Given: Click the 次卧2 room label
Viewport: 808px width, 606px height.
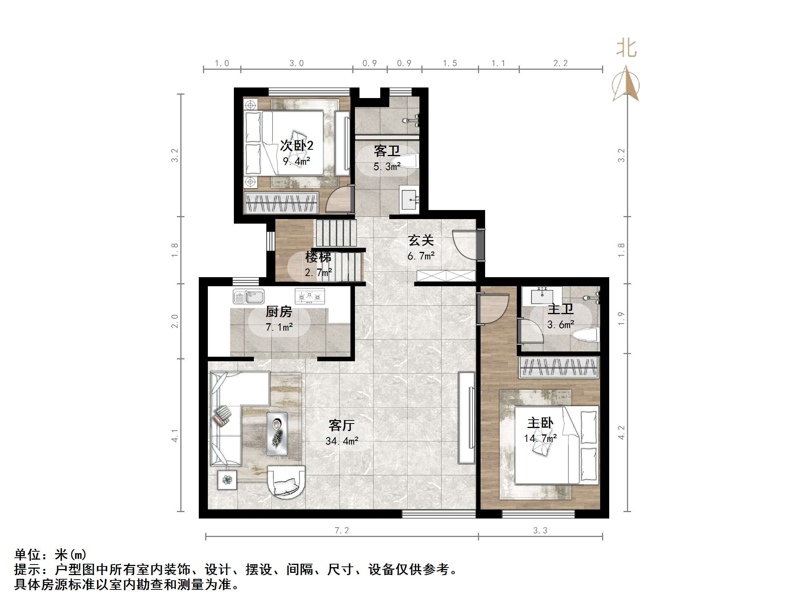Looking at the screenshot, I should pos(296,146).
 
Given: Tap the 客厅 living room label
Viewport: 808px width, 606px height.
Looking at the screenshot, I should pos(341,425).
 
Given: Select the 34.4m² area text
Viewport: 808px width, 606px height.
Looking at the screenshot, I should pos(342,441).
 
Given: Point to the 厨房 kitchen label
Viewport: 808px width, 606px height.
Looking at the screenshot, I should pos(279,312).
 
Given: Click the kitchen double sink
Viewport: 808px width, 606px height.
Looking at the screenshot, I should pos(249,297).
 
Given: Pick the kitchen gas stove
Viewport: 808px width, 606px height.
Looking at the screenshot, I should pos(310,296).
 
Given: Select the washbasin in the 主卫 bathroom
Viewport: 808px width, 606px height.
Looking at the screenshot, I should pos(542,296).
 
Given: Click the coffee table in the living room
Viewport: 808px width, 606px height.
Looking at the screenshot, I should pos(277,434).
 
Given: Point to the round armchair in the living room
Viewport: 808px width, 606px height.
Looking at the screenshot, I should pos(286,482).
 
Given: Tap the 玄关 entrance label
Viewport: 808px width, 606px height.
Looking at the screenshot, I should pos(421,240).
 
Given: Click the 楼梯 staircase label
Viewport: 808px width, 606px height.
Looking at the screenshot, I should pos(318,257).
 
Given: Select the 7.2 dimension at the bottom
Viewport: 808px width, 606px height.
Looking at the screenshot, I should pos(342,531).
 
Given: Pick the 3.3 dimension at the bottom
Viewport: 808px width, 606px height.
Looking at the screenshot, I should pos(540,531).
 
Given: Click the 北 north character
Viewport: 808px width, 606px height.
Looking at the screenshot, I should pos(627,49).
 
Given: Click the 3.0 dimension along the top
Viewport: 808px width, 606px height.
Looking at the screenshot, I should pos(296,63).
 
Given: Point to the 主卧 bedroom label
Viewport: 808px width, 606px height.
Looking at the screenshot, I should pos(540,423).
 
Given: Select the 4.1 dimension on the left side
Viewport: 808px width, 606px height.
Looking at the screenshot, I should pos(175,435).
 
